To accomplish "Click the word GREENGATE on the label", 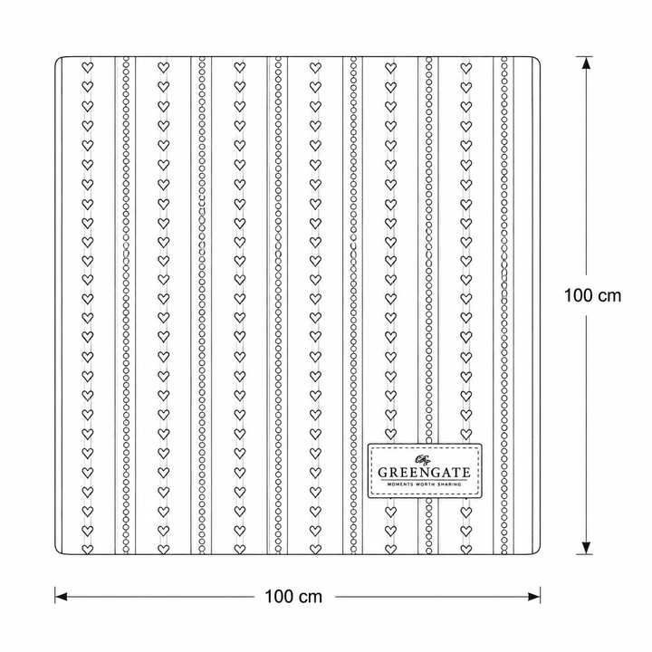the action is tap(424, 473).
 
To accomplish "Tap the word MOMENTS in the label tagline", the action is tap(399, 484).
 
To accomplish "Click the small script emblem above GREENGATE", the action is tap(423, 459).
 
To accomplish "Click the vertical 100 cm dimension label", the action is tap(592, 295).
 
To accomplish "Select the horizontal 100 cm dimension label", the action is tap(293, 597).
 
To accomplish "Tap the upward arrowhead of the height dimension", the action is tap(586, 63).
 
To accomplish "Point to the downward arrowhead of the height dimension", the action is tap(586, 547).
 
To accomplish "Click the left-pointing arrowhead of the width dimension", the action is tap(62, 597).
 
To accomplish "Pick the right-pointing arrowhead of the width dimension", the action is tap(533, 597).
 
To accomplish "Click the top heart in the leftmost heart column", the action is tap(87, 67).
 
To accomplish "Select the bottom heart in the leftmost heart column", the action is tap(87, 550).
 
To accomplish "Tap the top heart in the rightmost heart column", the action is tap(466, 67).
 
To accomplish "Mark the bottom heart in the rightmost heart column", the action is tap(466, 550).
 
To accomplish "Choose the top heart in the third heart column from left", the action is tap(239, 67).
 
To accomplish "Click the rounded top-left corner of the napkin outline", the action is tap(57, 59).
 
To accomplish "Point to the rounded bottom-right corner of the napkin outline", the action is tap(538, 551).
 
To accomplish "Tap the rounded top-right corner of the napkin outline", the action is tap(538, 59).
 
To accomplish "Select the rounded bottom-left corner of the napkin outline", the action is tap(57, 551).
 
